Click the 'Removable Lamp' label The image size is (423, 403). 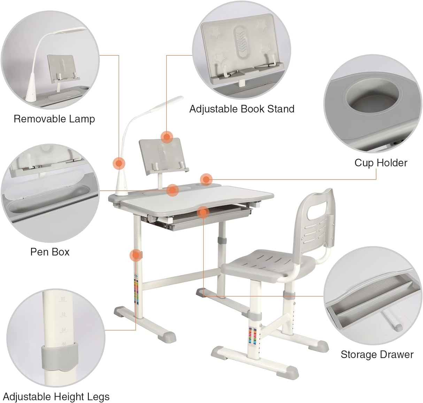point(54,119)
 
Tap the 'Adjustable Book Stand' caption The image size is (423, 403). point(242,109)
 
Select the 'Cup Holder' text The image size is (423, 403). point(381,162)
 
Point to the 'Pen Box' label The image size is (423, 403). point(50,252)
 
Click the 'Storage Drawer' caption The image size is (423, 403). point(377,355)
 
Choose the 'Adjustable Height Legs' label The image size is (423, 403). point(56,396)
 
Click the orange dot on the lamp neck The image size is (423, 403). point(119,163)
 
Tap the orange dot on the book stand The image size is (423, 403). point(167,137)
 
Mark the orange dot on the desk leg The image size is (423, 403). point(136,255)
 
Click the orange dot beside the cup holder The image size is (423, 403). point(206,179)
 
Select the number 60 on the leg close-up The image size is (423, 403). point(63,299)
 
